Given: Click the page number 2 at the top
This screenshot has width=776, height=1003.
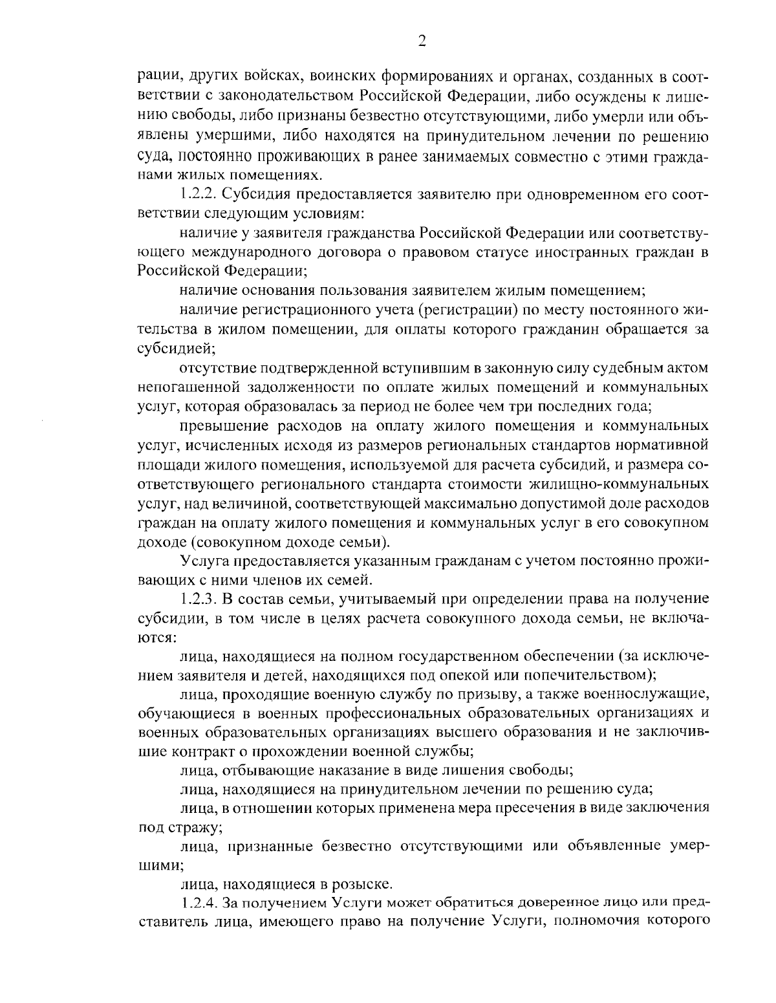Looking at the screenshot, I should (421, 42).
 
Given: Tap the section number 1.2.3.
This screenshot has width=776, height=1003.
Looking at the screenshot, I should (197, 598).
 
